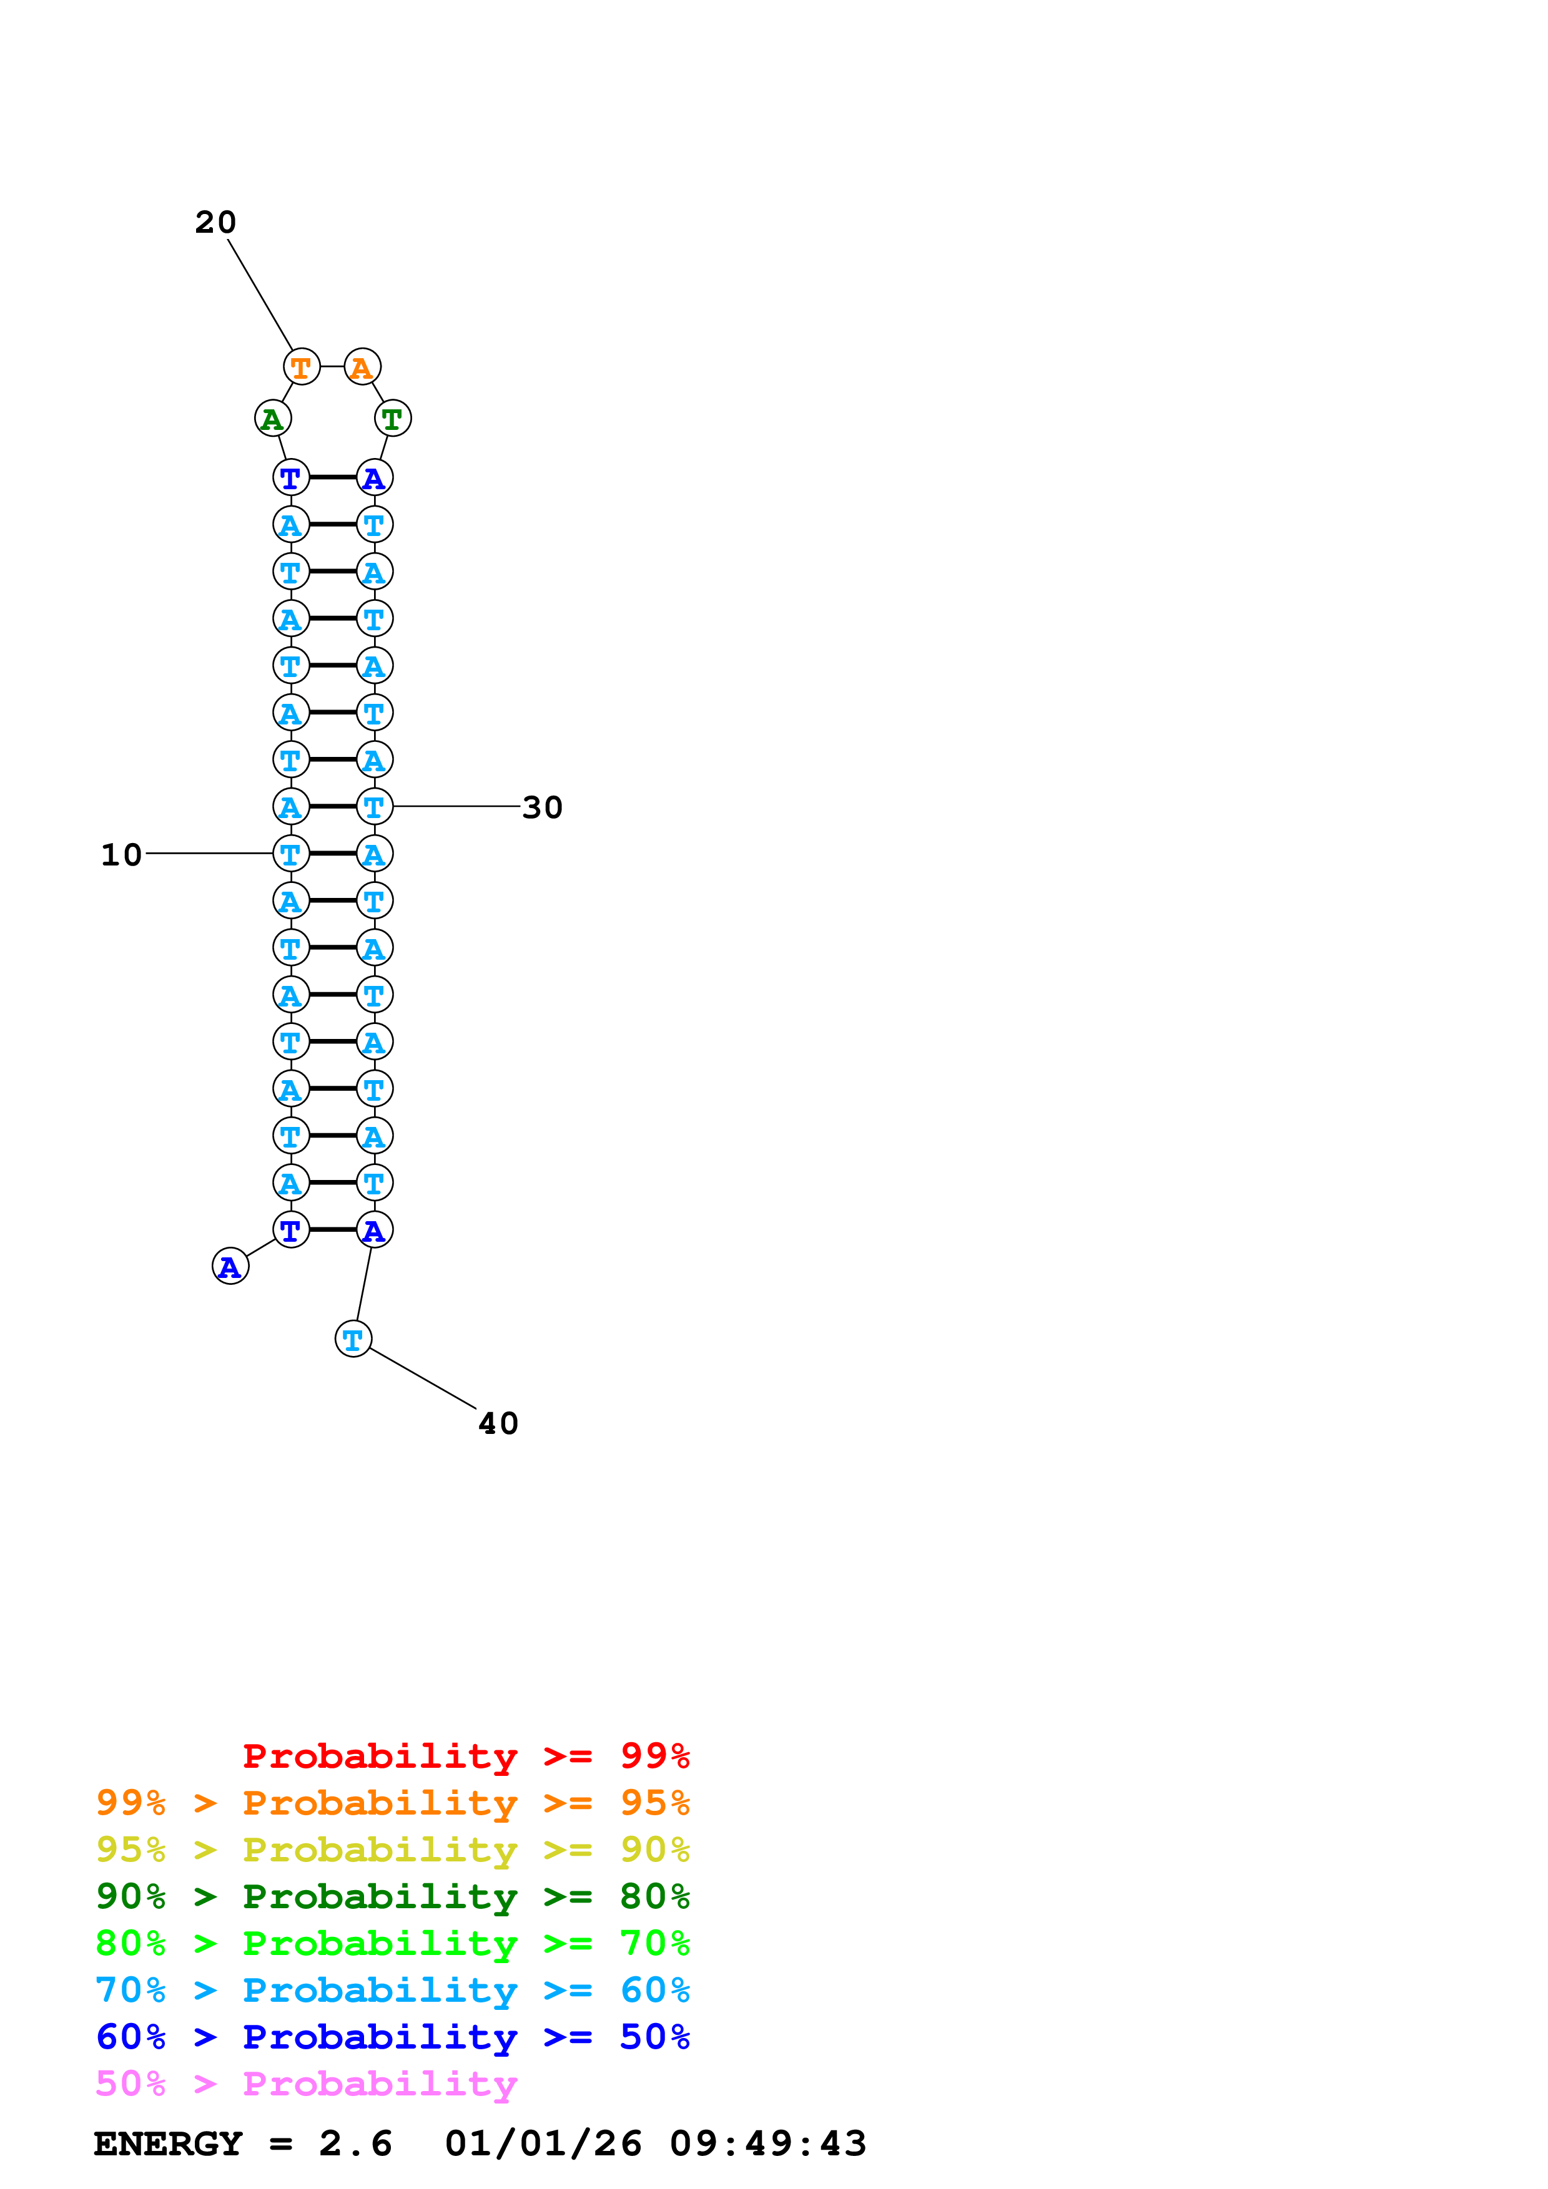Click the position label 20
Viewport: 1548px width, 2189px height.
click(x=215, y=222)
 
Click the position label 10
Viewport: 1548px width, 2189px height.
click(x=121, y=854)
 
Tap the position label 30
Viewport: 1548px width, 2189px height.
click(x=542, y=807)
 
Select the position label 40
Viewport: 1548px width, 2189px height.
click(x=498, y=1423)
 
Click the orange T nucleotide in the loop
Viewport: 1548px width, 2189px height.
click(x=302, y=367)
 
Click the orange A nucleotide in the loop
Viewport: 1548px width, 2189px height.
click(x=362, y=367)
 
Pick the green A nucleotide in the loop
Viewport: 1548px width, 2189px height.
click(x=273, y=419)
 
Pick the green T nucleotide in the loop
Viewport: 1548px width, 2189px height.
click(x=392, y=419)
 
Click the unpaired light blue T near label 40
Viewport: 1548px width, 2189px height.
click(x=353, y=1340)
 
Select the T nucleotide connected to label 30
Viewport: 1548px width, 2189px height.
click(x=374, y=807)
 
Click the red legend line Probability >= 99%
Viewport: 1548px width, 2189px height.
click(x=465, y=1756)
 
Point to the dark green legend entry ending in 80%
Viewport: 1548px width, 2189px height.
click(x=392, y=1896)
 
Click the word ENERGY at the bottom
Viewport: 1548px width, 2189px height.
click(x=168, y=2143)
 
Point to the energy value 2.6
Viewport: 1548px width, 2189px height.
click(x=355, y=2143)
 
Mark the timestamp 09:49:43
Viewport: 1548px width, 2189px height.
click(x=768, y=2143)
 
